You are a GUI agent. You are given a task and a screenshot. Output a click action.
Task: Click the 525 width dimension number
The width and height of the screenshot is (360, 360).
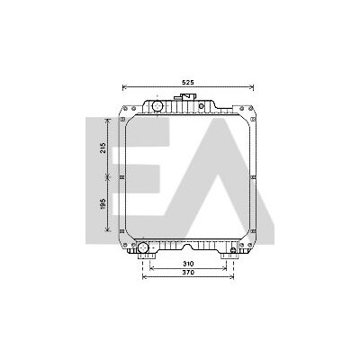click(188, 82)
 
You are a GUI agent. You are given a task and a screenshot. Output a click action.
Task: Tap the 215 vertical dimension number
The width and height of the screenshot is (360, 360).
click(103, 148)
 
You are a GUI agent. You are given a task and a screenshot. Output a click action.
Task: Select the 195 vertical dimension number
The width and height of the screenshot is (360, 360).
click(103, 204)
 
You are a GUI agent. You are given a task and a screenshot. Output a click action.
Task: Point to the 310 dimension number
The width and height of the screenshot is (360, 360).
click(188, 264)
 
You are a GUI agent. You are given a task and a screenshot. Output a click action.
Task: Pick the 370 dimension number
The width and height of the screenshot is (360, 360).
click(188, 273)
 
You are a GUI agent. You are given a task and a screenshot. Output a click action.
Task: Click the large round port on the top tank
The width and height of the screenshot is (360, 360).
click(157, 105)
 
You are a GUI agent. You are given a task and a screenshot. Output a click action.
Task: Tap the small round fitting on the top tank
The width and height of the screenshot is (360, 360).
click(202, 105)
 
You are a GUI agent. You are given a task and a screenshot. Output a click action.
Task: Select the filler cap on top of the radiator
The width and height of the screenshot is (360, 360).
click(185, 97)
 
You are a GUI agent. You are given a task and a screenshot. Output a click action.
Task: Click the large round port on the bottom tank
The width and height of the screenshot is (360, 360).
click(143, 247)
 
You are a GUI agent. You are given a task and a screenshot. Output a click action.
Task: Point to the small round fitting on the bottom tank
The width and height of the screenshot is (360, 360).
click(233, 250)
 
